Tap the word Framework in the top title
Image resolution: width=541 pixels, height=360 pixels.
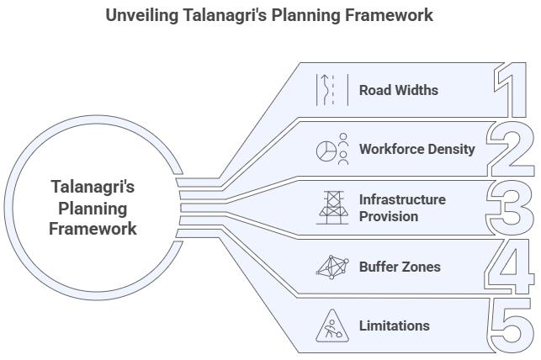point(391,15)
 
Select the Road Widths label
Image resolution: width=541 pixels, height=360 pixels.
point(398,90)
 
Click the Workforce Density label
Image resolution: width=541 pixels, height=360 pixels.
point(416,149)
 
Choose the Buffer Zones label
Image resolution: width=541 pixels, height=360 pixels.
point(400,267)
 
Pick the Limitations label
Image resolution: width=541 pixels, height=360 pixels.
point(394,326)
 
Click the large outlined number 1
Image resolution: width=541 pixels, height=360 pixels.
point(512,90)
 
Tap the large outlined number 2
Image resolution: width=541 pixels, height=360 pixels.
point(512,149)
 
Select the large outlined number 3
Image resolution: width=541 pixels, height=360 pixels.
point(512,208)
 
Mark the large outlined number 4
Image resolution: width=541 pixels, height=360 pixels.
point(512,267)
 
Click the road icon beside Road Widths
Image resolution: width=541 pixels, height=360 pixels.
point(326,90)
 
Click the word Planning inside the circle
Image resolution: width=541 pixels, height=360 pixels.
point(93,208)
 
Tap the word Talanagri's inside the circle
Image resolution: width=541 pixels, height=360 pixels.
point(93,187)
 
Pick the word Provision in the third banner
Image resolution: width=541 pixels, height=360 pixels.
point(388,216)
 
